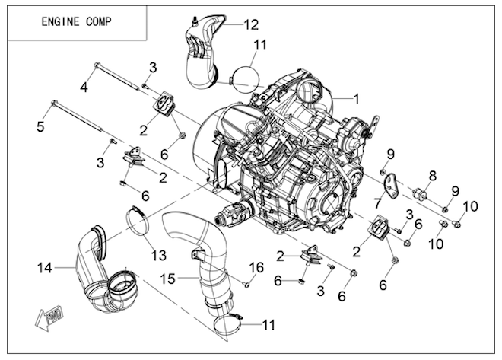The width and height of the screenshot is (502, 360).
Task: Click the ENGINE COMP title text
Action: click(x=75, y=21)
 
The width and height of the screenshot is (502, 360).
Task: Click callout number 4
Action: click(x=84, y=88)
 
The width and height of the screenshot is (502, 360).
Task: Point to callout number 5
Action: click(x=41, y=126)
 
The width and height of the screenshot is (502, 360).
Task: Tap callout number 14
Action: click(x=43, y=267)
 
